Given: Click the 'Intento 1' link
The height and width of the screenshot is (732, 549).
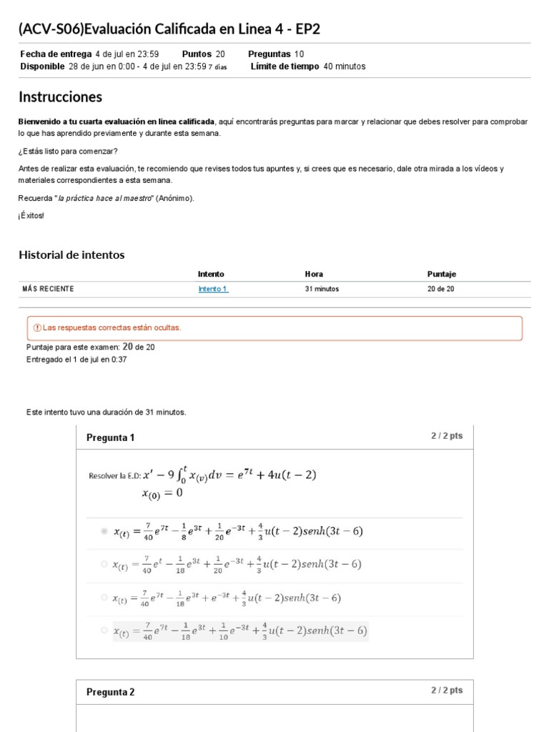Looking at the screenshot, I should (x=212, y=289).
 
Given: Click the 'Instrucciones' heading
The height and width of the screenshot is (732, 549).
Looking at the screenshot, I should (x=60, y=97).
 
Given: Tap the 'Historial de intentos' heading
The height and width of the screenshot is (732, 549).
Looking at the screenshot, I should (x=71, y=254).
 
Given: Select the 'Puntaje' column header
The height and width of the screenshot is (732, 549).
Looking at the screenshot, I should (x=441, y=274).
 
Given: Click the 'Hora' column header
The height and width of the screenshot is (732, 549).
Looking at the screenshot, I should (x=314, y=274).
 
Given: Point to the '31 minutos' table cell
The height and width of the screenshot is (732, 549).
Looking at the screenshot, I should (x=322, y=289).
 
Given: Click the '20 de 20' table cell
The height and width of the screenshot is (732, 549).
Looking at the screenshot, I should (x=440, y=289).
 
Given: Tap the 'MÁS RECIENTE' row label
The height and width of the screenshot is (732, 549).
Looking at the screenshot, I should (x=48, y=289).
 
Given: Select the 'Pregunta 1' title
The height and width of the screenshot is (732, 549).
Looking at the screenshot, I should (x=110, y=437).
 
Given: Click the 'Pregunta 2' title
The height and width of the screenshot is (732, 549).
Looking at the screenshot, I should (x=110, y=692).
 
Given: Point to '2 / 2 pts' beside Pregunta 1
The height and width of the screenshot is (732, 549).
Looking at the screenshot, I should (x=446, y=435).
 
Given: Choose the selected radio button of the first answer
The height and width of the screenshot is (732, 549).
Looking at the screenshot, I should (x=104, y=531).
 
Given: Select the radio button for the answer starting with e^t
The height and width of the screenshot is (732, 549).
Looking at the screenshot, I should (x=104, y=564).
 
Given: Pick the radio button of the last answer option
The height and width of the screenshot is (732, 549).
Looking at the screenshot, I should (x=104, y=630).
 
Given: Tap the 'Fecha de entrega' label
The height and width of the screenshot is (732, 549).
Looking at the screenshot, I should (x=55, y=54).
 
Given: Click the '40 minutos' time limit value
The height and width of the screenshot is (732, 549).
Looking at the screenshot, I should (x=345, y=66).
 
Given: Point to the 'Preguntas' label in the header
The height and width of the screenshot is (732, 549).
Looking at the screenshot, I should (x=269, y=54).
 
